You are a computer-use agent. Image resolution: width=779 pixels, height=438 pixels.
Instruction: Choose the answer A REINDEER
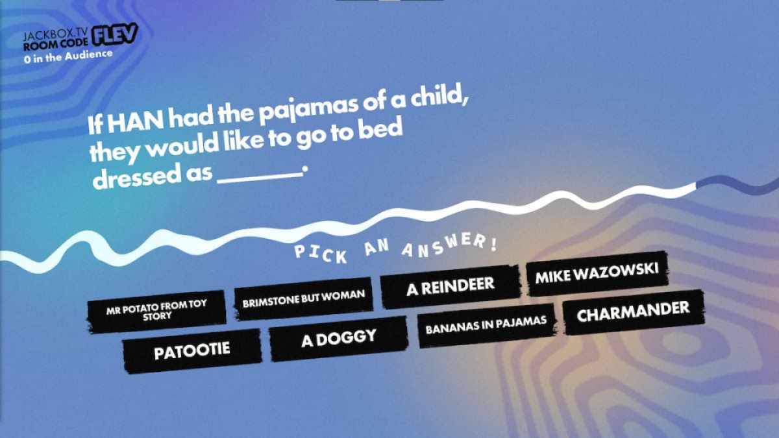[x=451, y=287]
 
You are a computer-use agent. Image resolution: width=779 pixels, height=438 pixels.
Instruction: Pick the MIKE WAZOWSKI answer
[x=597, y=274]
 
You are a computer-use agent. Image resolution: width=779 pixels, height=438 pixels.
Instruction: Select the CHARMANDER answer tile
[x=634, y=313]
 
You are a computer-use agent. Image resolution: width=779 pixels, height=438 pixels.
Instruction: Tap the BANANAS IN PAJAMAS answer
[x=486, y=325]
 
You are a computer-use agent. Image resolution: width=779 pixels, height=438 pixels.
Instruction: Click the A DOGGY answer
[x=339, y=339]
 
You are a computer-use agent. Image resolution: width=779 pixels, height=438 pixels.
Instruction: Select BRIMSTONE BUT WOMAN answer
[x=304, y=299]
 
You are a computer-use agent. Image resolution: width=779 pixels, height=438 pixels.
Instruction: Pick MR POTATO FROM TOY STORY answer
[x=156, y=311]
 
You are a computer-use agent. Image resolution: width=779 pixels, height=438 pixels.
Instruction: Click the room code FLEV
[x=114, y=34]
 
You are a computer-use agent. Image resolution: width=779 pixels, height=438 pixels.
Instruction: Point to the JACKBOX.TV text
[x=56, y=35]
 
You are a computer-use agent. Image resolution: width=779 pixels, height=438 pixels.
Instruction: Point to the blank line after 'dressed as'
[x=260, y=178]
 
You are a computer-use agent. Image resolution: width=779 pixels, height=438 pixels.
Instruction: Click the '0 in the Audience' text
[x=68, y=56]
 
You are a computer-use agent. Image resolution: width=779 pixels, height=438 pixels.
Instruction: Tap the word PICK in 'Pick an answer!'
[x=321, y=254]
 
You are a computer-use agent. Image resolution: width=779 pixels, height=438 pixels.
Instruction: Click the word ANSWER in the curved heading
[x=449, y=245]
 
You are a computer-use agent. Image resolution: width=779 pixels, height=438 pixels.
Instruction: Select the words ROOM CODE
[x=56, y=44]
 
